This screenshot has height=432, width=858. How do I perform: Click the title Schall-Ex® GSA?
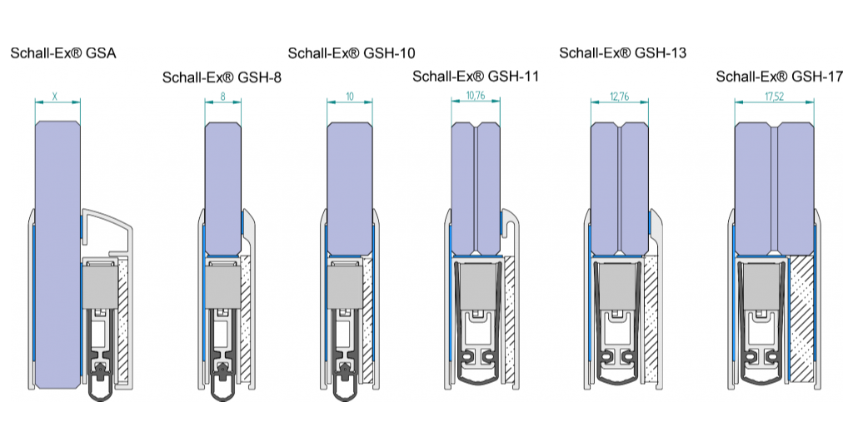pyautogui.click(x=62, y=53)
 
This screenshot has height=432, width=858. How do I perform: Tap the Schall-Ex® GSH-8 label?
pyautogui.click(x=222, y=78)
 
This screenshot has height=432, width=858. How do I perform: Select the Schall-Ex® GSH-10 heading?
pyautogui.click(x=352, y=53)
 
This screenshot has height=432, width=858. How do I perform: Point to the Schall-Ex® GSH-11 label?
pyautogui.click(x=476, y=77)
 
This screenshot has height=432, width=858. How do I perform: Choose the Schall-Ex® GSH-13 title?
pyautogui.click(x=622, y=53)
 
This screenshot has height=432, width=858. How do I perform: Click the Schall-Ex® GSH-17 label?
pyautogui.click(x=780, y=77)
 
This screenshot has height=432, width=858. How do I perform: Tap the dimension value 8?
pyautogui.click(x=222, y=97)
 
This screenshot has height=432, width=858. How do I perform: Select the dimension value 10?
pyautogui.click(x=349, y=97)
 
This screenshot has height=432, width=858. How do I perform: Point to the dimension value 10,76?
pyautogui.click(x=476, y=96)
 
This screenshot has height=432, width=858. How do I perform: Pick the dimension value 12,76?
pyautogui.click(x=619, y=97)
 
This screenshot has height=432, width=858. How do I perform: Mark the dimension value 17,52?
pyautogui.click(x=776, y=97)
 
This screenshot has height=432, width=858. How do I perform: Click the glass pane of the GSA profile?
pyautogui.click(x=57, y=250)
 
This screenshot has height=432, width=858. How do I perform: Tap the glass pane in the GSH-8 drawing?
pyautogui.click(x=222, y=187)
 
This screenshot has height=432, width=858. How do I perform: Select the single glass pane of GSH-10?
pyautogui.click(x=349, y=187)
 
